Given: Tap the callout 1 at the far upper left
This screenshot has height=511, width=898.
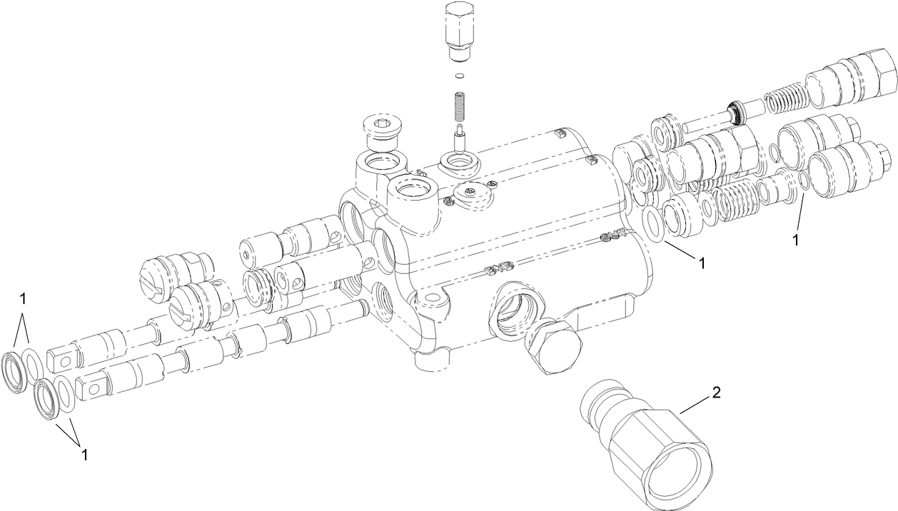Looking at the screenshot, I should pos(24,297).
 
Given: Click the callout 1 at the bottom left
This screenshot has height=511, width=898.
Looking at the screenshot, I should pos(85,455).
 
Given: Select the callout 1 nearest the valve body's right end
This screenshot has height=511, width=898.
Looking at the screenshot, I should pos(702,263).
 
